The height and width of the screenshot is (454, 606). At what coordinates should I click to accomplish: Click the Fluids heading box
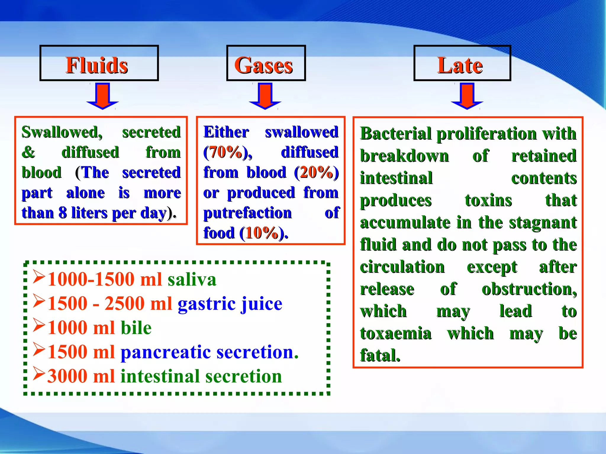click(x=99, y=63)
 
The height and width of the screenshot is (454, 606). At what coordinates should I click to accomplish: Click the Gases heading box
click(x=266, y=63)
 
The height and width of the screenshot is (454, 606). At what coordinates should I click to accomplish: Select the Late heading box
click(x=462, y=63)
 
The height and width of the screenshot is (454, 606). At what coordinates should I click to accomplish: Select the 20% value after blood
click(x=316, y=172)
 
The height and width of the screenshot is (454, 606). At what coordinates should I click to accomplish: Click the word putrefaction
click(x=247, y=213)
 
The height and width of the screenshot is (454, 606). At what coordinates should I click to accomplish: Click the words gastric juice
click(x=230, y=304)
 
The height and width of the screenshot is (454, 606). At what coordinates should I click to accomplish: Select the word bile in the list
click(x=136, y=328)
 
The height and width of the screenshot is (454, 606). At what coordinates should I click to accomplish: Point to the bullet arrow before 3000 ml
click(x=39, y=374)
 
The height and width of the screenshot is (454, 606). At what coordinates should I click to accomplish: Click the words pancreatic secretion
click(x=209, y=352)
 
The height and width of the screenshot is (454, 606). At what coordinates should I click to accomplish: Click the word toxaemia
click(x=396, y=333)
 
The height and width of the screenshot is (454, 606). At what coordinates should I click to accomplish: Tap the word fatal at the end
click(x=380, y=355)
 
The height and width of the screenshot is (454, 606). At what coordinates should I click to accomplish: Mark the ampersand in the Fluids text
click(x=28, y=152)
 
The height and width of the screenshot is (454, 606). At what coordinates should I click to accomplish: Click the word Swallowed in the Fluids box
click(x=62, y=132)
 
